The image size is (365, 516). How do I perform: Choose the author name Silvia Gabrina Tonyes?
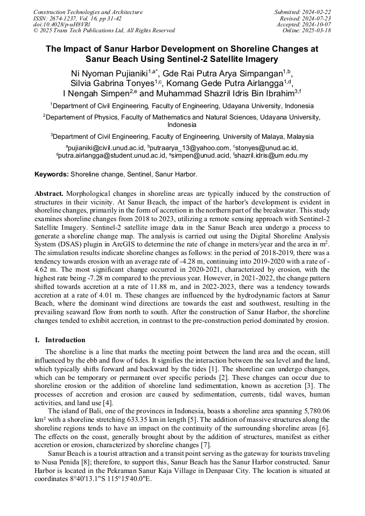[112, 83]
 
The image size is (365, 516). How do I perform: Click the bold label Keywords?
[52, 174]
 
